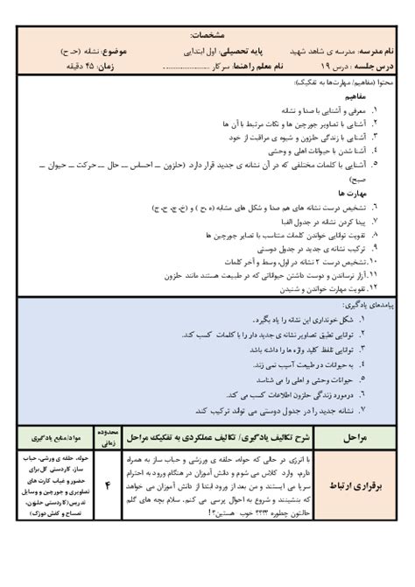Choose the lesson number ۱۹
tap(332, 67)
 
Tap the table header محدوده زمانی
tap(108, 435)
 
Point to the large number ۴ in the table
tap(108, 487)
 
